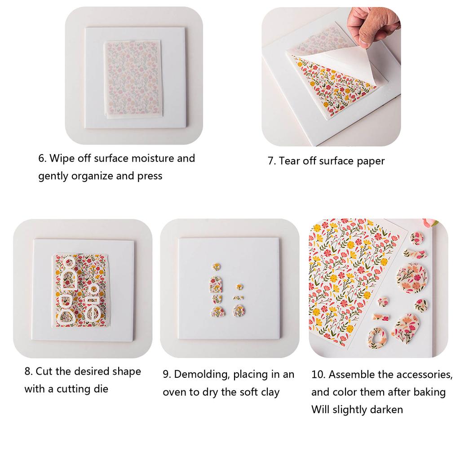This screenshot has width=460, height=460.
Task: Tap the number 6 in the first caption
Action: click(x=41, y=159)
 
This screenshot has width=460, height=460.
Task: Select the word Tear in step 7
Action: click(x=290, y=161)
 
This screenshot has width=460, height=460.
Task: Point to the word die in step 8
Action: click(x=102, y=389)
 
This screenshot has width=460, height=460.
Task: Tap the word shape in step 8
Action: click(x=127, y=372)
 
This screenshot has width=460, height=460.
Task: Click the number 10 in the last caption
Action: click(x=317, y=374)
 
